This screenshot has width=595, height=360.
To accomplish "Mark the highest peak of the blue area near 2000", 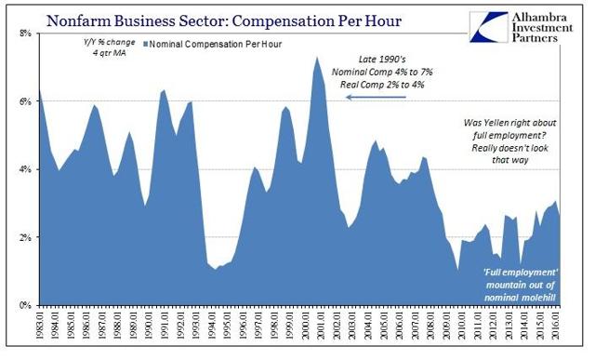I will tap(317, 57).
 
